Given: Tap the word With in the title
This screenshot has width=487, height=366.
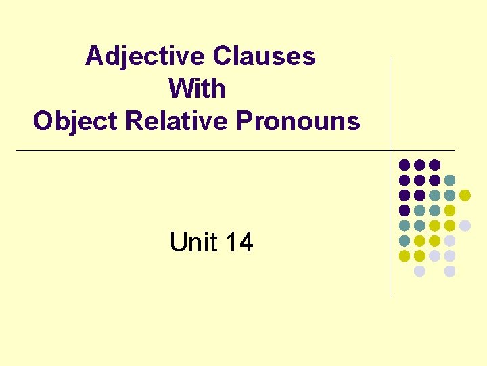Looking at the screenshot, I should click(x=197, y=89).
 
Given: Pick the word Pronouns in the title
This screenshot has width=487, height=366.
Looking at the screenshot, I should click(x=298, y=121).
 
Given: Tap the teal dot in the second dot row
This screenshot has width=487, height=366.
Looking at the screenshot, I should click(x=450, y=180).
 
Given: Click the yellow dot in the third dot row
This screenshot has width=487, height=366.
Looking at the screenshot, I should click(x=465, y=195).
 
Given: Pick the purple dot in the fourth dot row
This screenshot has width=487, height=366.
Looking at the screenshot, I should click(x=404, y=210).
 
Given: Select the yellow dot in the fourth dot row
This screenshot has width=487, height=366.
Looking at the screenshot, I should click(x=450, y=210).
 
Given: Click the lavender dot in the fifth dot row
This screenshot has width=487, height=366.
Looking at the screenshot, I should click(x=465, y=226).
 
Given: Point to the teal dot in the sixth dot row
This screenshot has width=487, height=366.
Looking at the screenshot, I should click(x=404, y=241).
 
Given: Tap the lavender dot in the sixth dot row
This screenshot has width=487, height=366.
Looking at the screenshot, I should click(x=450, y=241).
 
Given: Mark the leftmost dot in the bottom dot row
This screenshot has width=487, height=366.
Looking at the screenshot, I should click(x=419, y=271).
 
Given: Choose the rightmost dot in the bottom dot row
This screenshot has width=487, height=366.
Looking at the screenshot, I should click(x=450, y=271).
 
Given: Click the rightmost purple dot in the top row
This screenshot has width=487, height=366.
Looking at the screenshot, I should click(x=435, y=165).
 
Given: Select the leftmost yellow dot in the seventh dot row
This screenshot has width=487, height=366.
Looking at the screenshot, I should click(x=404, y=256).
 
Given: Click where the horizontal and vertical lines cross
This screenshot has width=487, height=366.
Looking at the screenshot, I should click(x=390, y=150).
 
